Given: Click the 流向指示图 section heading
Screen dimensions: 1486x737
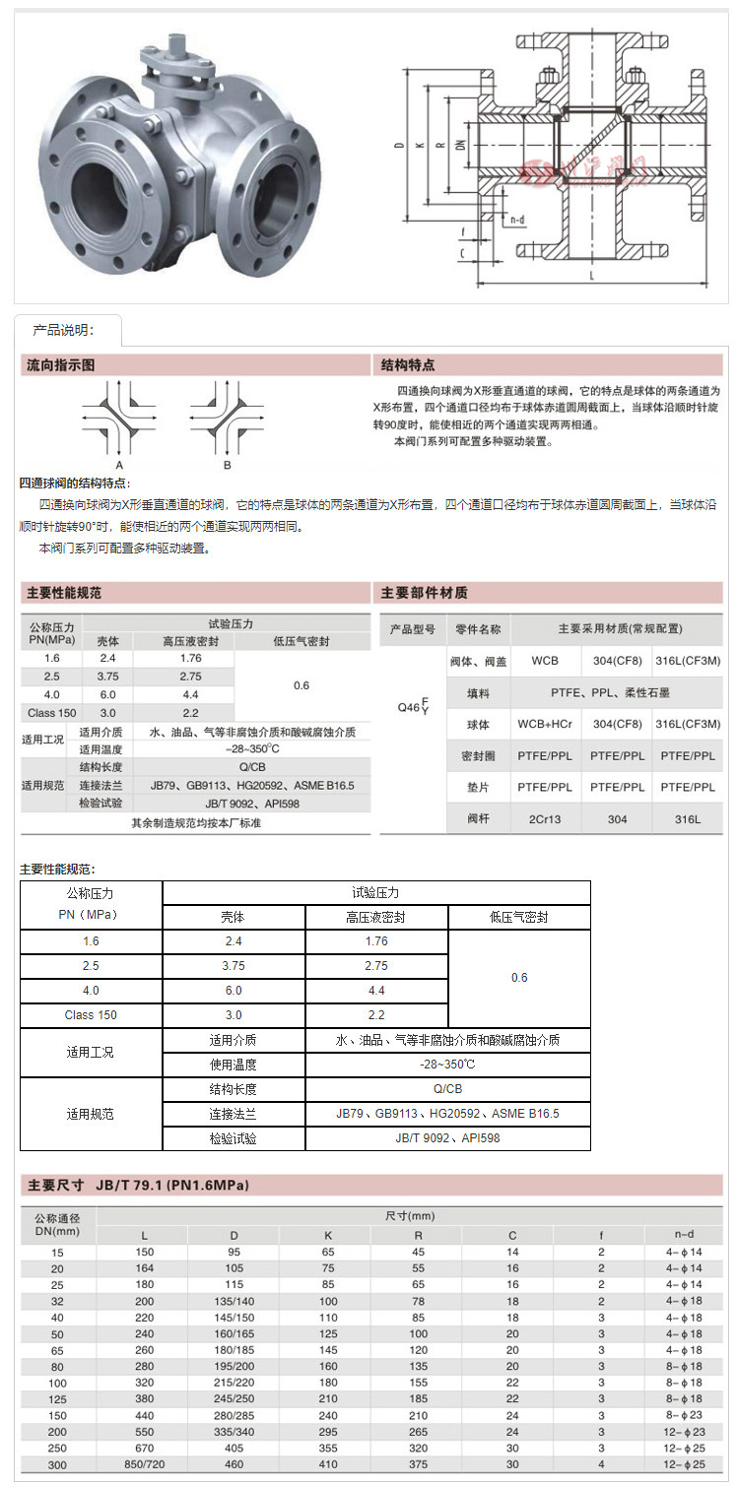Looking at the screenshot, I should pyautogui.click(x=61, y=365).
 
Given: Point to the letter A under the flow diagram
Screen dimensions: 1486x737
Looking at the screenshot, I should pyautogui.click(x=119, y=464).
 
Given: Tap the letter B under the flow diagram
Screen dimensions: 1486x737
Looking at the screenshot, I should pyautogui.click(x=228, y=464).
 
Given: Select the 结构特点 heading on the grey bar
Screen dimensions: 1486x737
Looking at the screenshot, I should pyautogui.click(x=408, y=365).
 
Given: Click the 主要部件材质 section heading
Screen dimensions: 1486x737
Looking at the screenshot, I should pyautogui.click(x=425, y=593).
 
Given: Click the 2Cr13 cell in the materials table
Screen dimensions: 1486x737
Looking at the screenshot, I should pyautogui.click(x=545, y=818).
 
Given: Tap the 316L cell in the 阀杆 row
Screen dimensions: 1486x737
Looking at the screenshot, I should pyautogui.click(x=687, y=818).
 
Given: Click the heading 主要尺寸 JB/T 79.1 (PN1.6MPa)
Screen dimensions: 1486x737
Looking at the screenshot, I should pyautogui.click(x=138, y=1185).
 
